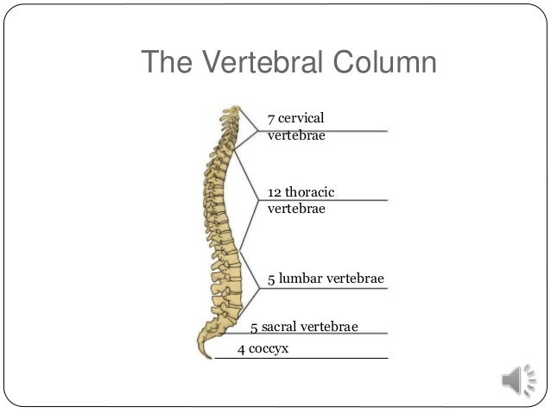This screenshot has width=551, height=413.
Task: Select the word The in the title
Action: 170,63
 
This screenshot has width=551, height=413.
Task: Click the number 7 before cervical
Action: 271,117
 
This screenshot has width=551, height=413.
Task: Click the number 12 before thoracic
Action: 275,191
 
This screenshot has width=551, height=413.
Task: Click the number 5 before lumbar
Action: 271,278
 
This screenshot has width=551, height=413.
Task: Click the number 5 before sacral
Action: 254,327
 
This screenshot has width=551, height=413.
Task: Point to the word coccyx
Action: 269,349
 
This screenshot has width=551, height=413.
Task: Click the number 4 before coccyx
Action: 241,349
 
